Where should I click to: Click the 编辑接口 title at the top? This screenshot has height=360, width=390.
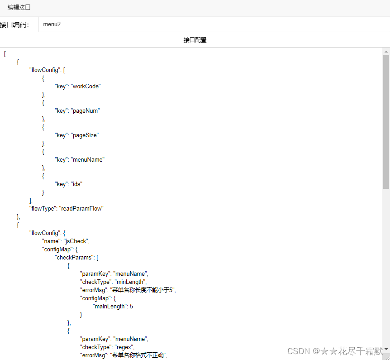[19, 8]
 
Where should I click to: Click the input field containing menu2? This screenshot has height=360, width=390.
[213, 24]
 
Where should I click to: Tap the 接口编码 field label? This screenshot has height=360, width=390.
[14, 25]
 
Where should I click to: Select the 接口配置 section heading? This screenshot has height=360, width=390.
[195, 40]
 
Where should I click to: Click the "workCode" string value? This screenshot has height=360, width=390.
[86, 86]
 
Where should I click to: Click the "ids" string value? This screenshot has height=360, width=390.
[77, 184]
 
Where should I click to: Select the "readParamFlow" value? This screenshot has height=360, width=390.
[81, 208]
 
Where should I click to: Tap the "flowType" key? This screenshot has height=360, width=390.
[43, 208]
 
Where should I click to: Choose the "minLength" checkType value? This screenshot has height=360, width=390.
[128, 282]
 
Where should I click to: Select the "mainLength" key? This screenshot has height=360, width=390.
[109, 306]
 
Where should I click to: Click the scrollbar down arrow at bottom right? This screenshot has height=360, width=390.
[386, 348]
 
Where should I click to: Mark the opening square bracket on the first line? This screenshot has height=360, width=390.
[5, 53]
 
